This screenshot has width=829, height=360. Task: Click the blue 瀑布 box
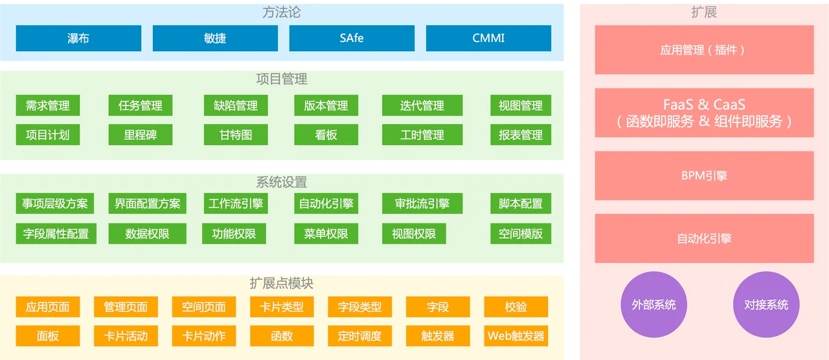pyautogui.click(x=78, y=38)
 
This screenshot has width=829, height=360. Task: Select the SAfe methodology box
pyautogui.click(x=352, y=38)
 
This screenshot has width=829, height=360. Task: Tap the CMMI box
pyautogui.click(x=488, y=38)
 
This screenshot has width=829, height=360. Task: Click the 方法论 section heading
pyautogui.click(x=282, y=12)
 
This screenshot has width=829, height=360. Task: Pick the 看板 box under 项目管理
pyautogui.click(x=326, y=135)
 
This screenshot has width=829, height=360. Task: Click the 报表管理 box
pyautogui.click(x=521, y=135)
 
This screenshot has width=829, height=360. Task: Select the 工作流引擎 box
pyautogui.click(x=236, y=203)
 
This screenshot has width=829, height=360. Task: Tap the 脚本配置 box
pyautogui.click(x=521, y=203)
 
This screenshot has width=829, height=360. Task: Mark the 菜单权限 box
pyautogui.click(x=326, y=234)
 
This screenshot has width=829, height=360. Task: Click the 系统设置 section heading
pyautogui.click(x=282, y=183)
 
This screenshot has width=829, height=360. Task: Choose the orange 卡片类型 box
pyautogui.click(x=282, y=307)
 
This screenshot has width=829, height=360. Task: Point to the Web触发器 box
pyautogui.click(x=516, y=336)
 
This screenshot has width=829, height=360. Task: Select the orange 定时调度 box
pyautogui.click(x=359, y=336)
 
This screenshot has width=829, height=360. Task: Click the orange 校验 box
pyautogui.click(x=516, y=307)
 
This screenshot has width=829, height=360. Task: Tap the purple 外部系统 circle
pyautogui.click(x=653, y=305)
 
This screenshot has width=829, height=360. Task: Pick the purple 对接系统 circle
pyautogui.click(x=766, y=305)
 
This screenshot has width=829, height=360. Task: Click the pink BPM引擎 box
pyautogui.click(x=704, y=176)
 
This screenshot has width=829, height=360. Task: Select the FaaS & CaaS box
pyautogui.click(x=704, y=113)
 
